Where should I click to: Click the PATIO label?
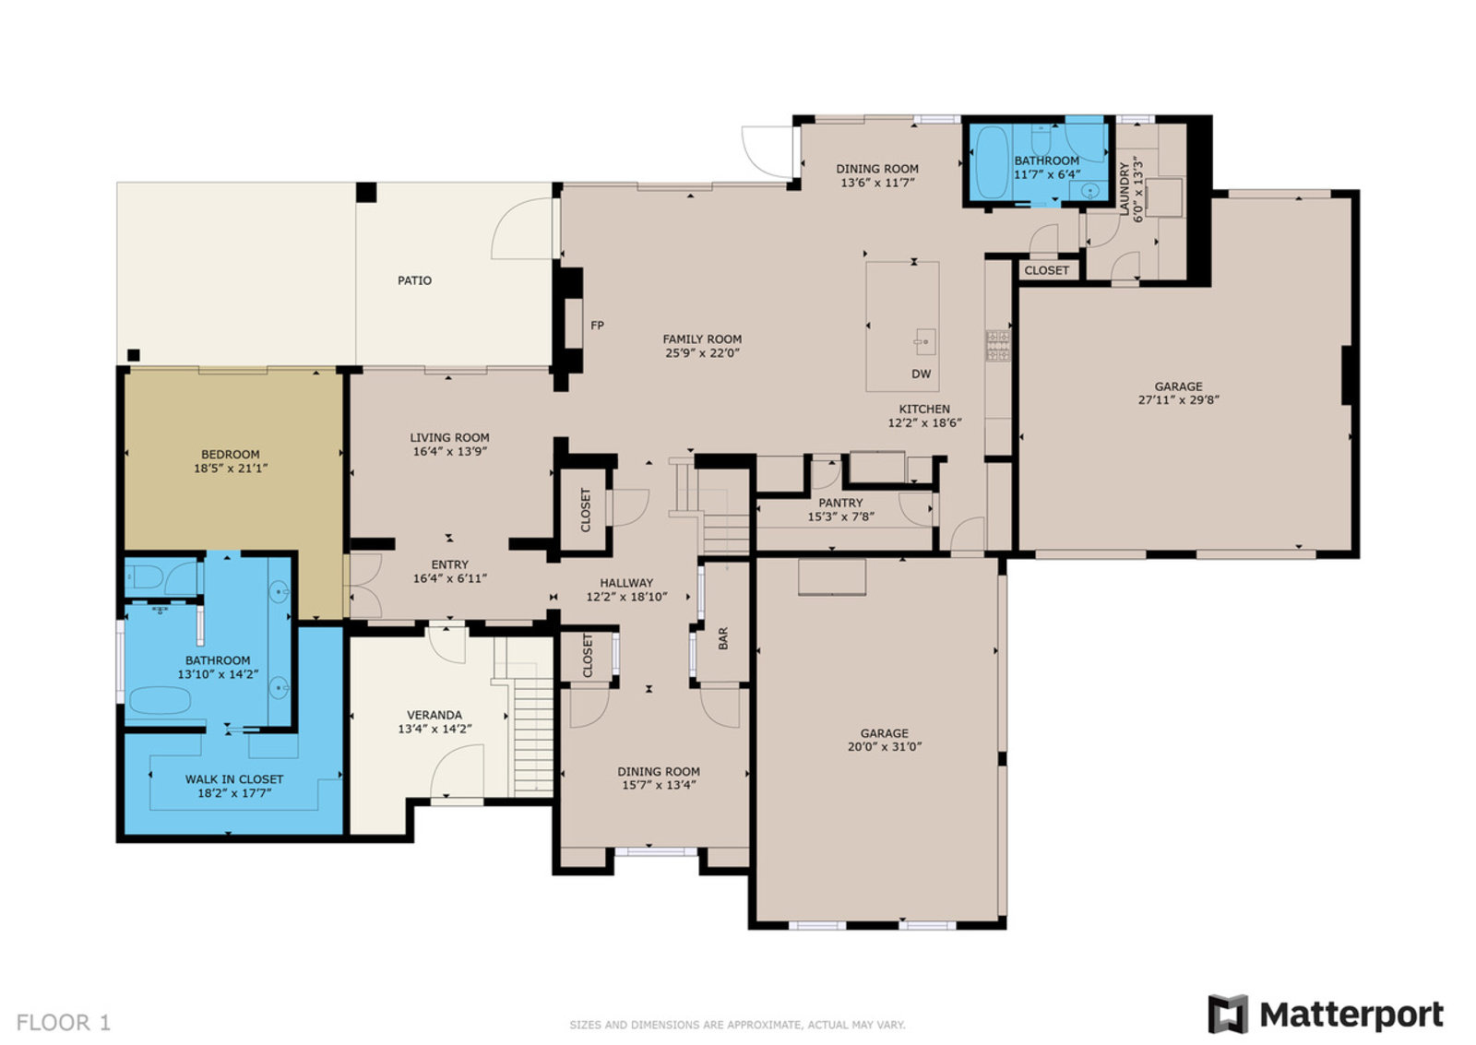pos(414,280)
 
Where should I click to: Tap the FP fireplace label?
pos(597,326)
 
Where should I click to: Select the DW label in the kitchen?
pos(922,374)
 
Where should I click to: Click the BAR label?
pos(723,638)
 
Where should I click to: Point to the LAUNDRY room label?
pos(1125,188)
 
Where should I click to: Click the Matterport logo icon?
pos(1228,1014)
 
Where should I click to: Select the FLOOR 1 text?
pos(64,1022)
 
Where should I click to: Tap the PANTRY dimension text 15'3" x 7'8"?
pos(840,517)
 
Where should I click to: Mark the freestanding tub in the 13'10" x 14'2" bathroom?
pos(161,701)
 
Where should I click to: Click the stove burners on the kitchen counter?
pos(997,346)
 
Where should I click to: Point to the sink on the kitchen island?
pos(924,342)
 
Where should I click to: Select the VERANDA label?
pos(434,715)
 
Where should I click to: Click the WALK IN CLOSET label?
pos(234,779)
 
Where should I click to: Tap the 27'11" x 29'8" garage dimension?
pos(1178,400)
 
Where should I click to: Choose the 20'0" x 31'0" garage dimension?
pos(885,746)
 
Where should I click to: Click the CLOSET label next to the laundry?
pos(1046,271)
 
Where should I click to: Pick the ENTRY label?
pos(450,564)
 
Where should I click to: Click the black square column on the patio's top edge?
pos(366,193)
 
